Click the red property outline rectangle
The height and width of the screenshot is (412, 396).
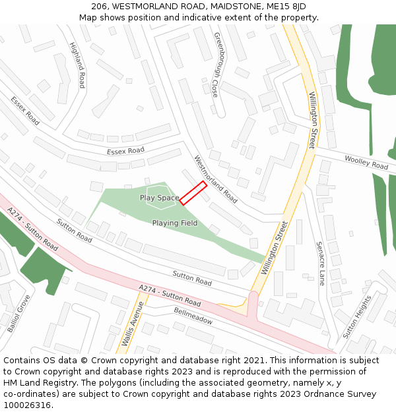click(x=193, y=193)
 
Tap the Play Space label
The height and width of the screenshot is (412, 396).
click(x=159, y=198)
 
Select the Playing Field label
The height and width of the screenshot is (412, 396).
click(x=175, y=223)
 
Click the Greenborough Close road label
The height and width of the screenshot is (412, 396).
click(x=216, y=65)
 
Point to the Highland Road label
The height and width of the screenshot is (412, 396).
click(x=77, y=65)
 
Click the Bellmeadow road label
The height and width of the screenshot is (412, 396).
click(x=193, y=316)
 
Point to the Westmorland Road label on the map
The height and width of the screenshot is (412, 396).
click(x=215, y=179)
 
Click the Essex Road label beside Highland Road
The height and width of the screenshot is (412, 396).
click(x=25, y=111)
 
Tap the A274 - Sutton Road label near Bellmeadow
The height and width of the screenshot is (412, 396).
click(x=170, y=295)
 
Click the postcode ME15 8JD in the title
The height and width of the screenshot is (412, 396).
click(x=284, y=6)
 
